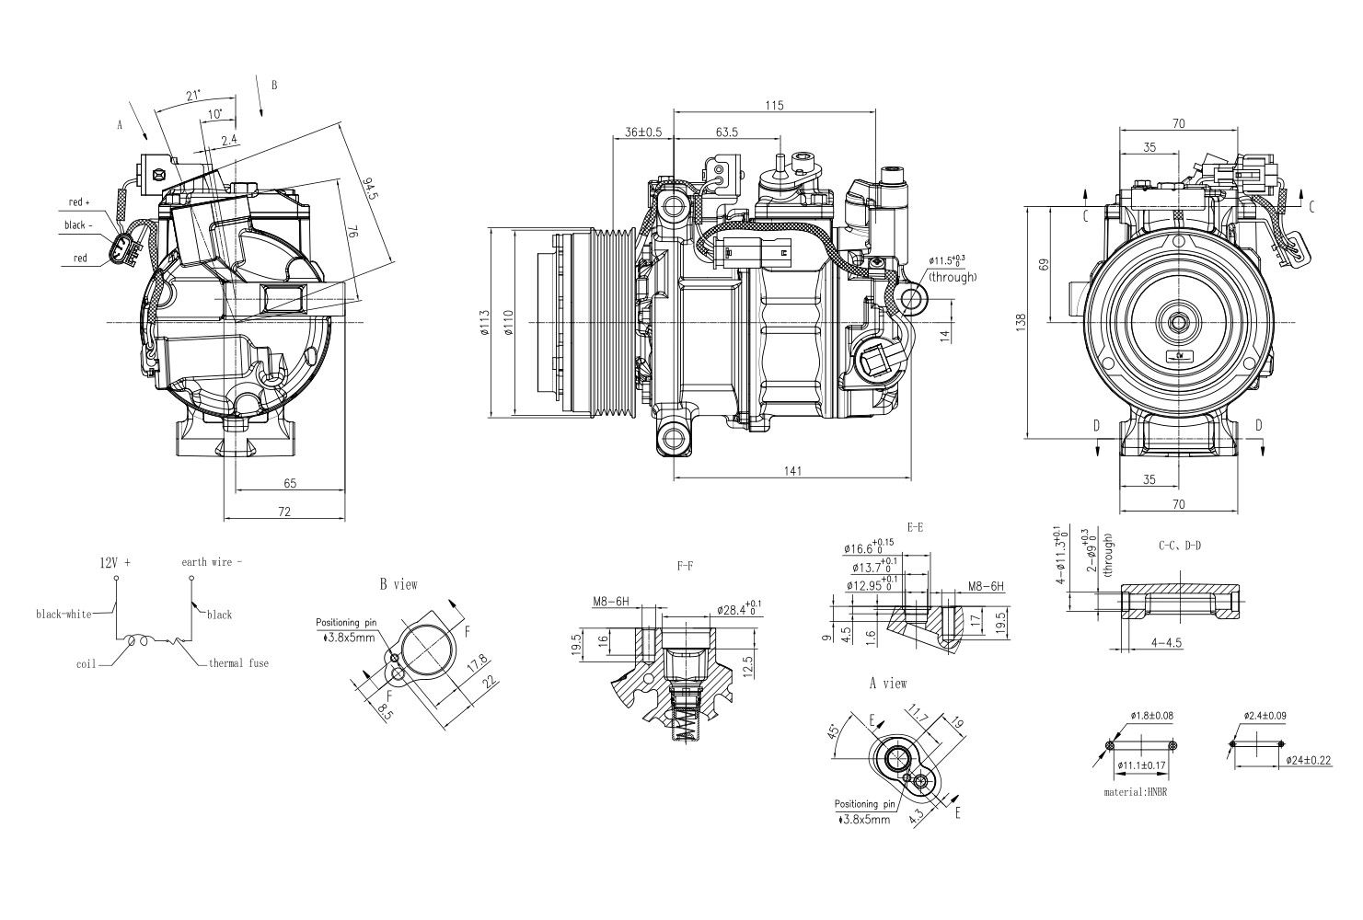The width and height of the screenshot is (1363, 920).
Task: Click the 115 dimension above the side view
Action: tap(774, 106)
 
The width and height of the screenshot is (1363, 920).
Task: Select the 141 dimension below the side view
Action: tap(793, 471)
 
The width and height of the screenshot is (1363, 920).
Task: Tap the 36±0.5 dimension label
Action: tap(644, 132)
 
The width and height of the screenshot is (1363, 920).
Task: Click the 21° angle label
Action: tap(193, 96)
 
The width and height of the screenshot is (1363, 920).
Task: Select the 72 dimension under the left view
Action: tap(284, 512)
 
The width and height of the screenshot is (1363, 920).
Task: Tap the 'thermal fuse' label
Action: tap(238, 662)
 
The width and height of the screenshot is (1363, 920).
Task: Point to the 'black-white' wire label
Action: tap(64, 615)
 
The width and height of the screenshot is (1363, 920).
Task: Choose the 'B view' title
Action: tap(398, 584)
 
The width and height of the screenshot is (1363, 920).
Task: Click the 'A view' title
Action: tap(888, 684)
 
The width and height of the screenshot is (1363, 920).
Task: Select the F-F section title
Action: tap(684, 568)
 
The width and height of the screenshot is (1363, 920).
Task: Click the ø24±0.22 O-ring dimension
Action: tap(1276, 761)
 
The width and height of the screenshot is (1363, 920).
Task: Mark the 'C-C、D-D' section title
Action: tap(1179, 546)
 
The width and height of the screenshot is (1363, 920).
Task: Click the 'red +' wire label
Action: tap(80, 202)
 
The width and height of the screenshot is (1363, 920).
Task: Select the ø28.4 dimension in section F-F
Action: tap(739, 608)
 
